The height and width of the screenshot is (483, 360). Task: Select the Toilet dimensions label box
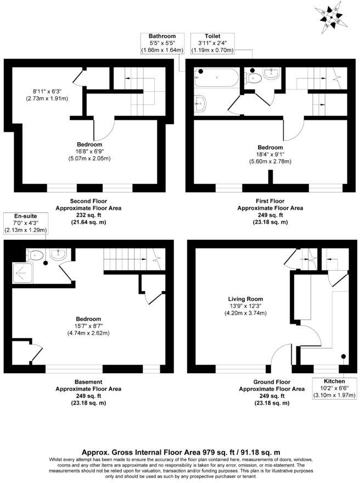click(x=212, y=42)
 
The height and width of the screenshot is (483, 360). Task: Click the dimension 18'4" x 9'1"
click(x=270, y=154)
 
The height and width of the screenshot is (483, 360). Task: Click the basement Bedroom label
click(x=88, y=319)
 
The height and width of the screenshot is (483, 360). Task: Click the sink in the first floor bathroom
click(x=201, y=102)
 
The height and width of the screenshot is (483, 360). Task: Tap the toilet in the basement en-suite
click(x=36, y=255)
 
